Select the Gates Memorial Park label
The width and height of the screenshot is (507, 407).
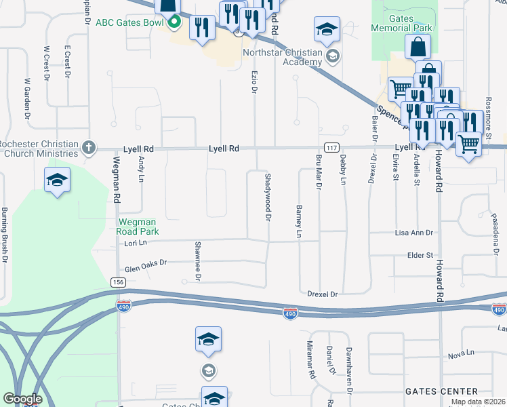point(402,23)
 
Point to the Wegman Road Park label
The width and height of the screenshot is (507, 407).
point(138,227)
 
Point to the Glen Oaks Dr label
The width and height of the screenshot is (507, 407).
point(145,267)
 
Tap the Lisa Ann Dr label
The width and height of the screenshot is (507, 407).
point(413,233)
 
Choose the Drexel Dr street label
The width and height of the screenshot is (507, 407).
point(322,294)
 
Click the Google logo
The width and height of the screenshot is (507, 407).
point(22,399)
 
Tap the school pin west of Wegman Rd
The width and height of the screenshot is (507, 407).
point(58,181)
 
